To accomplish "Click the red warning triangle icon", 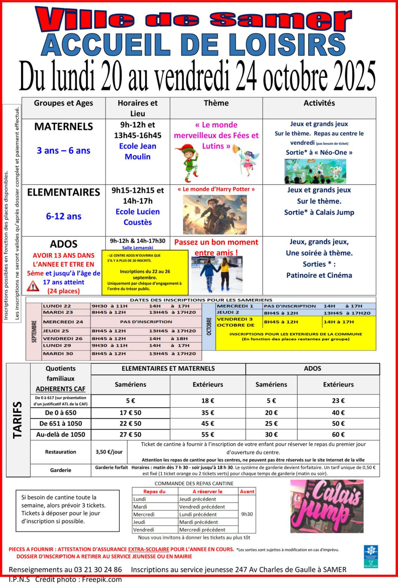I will tap(33, 286).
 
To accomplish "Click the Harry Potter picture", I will tap(215, 214).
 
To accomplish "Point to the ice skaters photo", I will tap(217, 274).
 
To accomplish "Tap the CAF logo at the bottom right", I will tap(371, 556).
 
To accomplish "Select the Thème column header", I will tap(216, 103).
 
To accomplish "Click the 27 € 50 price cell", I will tap(130, 435).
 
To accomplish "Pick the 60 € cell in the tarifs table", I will tap(338, 435).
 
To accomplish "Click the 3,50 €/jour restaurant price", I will tap(109, 452).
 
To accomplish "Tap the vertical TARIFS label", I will tap(18, 420).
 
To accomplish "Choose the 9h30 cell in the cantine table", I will tap(247, 514).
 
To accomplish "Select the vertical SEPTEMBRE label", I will tap(34, 331).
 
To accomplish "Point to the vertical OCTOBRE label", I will tap(209, 326).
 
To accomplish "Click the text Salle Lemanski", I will tap(137, 248).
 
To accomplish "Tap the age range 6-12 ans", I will tap(64, 216).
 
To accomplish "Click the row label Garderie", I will tap(61, 470).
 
